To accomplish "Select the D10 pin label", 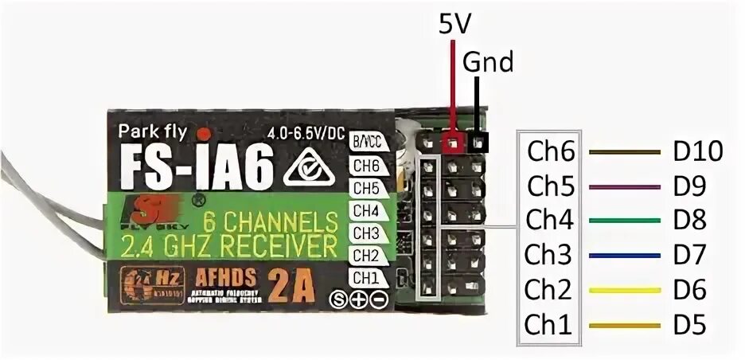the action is (x=696, y=151).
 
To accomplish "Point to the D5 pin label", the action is (x=689, y=325).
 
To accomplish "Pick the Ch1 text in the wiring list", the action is (x=550, y=325).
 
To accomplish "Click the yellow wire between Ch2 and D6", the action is (x=624, y=291).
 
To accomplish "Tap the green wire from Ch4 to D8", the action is (x=624, y=221).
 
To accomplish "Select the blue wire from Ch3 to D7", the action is (x=624, y=256).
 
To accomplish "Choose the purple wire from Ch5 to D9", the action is (x=624, y=186).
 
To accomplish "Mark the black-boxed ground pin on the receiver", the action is (x=478, y=144).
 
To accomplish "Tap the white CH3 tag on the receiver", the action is (x=365, y=233).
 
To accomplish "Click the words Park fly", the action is (x=152, y=131).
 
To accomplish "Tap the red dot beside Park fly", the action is (x=205, y=133).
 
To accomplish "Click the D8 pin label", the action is (x=689, y=221).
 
